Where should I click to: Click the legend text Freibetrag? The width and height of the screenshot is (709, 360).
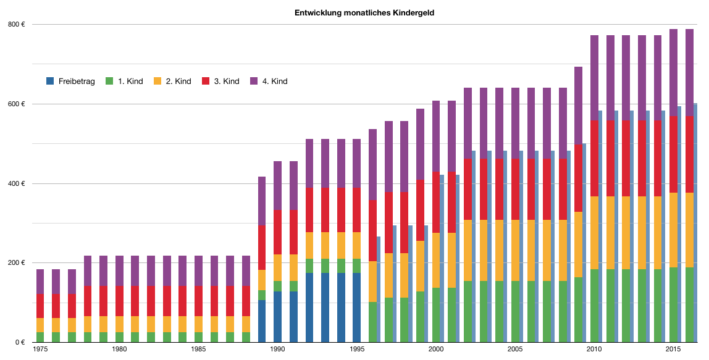point(77,81)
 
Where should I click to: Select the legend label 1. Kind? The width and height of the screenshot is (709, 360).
point(130,81)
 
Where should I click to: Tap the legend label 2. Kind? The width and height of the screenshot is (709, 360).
point(178,81)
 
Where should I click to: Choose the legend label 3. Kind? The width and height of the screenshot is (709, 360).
point(227,81)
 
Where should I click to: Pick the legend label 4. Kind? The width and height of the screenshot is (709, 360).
point(275,81)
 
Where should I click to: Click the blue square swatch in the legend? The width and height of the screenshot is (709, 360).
point(50,81)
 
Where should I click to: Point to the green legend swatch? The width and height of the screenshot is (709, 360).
point(109,81)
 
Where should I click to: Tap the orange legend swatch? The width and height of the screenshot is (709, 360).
point(157,81)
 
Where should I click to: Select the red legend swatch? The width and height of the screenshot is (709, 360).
point(206,81)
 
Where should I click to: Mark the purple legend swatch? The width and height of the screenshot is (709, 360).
point(254,81)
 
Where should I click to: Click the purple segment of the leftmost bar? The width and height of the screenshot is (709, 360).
point(40,281)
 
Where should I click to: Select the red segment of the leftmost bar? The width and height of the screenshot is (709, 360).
point(40,306)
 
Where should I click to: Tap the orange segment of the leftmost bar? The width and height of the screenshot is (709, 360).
point(40,325)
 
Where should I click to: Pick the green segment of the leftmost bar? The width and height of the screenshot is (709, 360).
point(40,337)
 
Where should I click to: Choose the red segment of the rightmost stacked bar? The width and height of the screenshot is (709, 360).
point(689,154)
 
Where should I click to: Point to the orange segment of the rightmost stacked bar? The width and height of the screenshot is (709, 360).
point(689,230)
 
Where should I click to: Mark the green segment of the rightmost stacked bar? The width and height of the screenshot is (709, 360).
point(689,304)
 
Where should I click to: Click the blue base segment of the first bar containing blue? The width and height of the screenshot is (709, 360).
point(262,321)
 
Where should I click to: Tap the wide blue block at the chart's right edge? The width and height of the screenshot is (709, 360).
point(702,222)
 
